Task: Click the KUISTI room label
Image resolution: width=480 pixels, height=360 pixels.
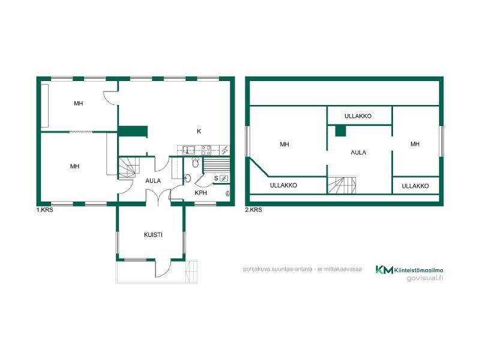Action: pyautogui.click(x=153, y=235)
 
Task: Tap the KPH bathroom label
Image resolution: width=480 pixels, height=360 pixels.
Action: pyautogui.click(x=201, y=193)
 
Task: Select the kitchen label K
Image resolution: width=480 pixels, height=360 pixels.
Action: pyautogui.click(x=199, y=131)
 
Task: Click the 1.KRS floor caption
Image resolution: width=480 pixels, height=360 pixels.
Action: pyautogui.click(x=44, y=210)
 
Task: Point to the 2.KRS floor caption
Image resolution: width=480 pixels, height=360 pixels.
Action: pyautogui.click(x=253, y=210)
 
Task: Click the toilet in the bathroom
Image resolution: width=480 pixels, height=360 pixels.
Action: pyautogui.click(x=196, y=162)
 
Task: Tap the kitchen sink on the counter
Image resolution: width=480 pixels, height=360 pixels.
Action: pyautogui.click(x=188, y=149)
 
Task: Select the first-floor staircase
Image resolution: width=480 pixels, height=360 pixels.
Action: pyautogui.click(x=127, y=167)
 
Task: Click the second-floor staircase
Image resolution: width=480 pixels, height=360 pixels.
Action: pyautogui.click(x=342, y=185)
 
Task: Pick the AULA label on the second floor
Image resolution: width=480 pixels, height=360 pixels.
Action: pyautogui.click(x=358, y=152)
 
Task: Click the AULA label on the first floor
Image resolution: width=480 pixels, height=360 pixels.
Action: pyautogui.click(x=153, y=181)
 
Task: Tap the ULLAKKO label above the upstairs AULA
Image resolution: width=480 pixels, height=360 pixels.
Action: pyautogui.click(x=358, y=116)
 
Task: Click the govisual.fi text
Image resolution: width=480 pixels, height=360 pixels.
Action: pyautogui.click(x=425, y=278)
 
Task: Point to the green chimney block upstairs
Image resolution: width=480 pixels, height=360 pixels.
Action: pyautogui.click(x=340, y=131)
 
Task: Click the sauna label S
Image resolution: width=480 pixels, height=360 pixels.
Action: pyautogui.click(x=216, y=178)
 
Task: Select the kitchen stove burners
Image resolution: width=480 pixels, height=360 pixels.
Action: pyautogui.click(x=206, y=150)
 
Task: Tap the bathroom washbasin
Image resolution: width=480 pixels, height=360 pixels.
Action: pyautogui.click(x=188, y=178)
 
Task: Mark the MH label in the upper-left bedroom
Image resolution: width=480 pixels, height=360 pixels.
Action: pyautogui.click(x=79, y=103)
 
